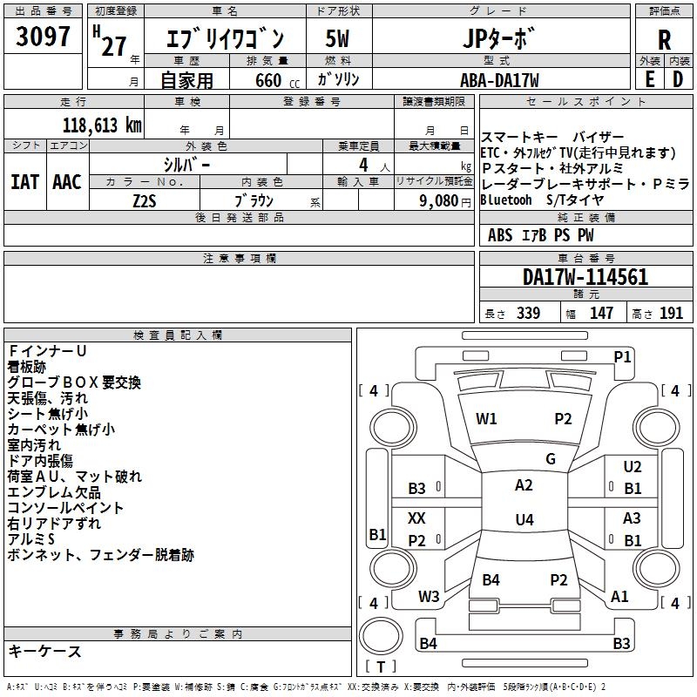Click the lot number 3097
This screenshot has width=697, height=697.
coord(44,38)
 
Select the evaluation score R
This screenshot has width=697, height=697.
coord(664,39)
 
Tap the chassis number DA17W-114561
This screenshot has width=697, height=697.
coord(585,278)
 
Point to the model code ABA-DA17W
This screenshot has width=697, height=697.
coord(499,80)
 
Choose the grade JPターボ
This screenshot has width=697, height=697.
coord(500,39)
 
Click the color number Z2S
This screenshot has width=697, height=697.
coord(145,200)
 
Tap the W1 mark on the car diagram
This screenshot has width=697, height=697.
coord(486,418)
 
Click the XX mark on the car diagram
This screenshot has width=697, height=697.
coord(416,518)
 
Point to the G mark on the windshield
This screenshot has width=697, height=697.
coord(551,459)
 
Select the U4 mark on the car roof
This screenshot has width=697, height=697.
coord(524,520)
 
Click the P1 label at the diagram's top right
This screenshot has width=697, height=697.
coord(622,356)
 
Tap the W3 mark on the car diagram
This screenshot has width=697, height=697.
coord(429,597)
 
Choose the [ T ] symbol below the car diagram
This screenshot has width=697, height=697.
coord(381,667)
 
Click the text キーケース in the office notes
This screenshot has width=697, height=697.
coord(44,652)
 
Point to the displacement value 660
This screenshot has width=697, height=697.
coord(268,80)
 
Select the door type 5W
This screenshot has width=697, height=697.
coord(338,39)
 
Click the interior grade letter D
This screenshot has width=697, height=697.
coord(677,79)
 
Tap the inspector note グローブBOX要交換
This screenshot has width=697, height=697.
coord(74,382)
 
